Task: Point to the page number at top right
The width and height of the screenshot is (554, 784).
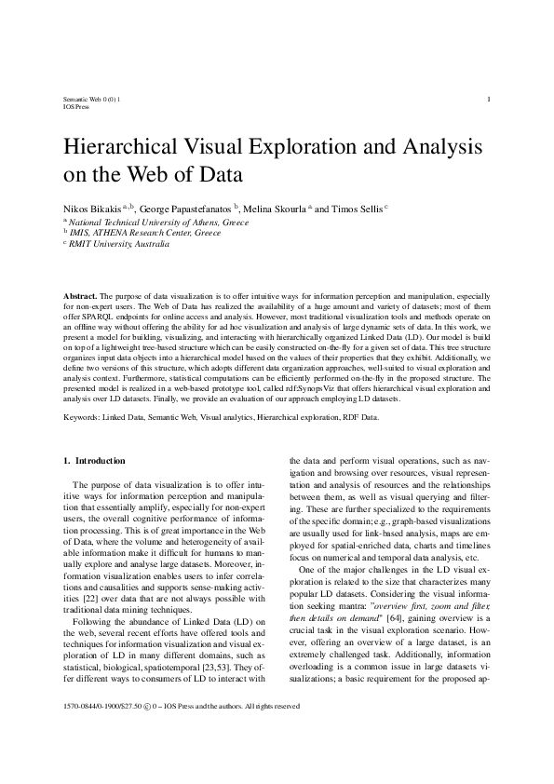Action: tap(489, 99)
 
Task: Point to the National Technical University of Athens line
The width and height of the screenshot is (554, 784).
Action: tap(158, 223)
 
